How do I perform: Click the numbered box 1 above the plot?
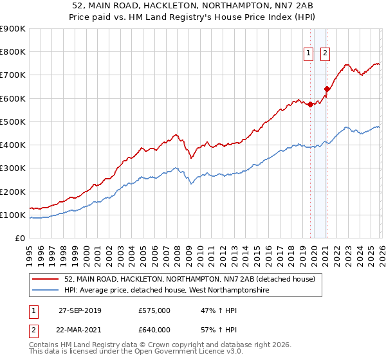309,53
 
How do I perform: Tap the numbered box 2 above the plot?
325,53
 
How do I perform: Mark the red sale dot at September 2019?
310,104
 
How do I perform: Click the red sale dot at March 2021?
327,89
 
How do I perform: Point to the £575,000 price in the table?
154,310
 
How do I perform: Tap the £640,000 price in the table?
154,330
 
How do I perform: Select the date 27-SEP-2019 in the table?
80,310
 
